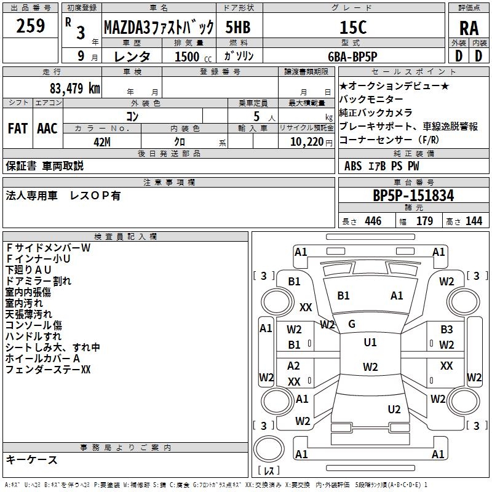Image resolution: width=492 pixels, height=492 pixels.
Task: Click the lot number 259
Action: coord(31,26)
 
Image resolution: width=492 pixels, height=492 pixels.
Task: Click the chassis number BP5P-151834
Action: coord(413,196)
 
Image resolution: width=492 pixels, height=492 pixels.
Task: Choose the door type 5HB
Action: coord(238,27)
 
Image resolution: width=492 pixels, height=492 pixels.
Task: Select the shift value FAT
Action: coord(17,129)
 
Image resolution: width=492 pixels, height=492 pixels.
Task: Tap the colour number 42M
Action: coord(102,142)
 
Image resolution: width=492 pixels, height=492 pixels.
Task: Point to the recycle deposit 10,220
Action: coord(305,142)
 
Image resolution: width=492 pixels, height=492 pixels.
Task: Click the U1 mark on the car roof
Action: coord(370,342)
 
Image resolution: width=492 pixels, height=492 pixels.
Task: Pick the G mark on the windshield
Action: coord(352,324)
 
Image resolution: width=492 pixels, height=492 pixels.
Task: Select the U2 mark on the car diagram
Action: coord(394,409)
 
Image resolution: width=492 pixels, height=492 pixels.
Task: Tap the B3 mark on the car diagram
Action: coord(446,330)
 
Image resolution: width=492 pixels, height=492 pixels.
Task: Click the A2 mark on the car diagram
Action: coord(294,366)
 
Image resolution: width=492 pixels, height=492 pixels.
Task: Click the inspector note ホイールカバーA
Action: coord(43,359)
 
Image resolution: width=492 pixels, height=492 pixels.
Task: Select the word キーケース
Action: coord(32,460)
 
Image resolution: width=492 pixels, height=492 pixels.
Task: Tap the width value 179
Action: coord(424,221)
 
